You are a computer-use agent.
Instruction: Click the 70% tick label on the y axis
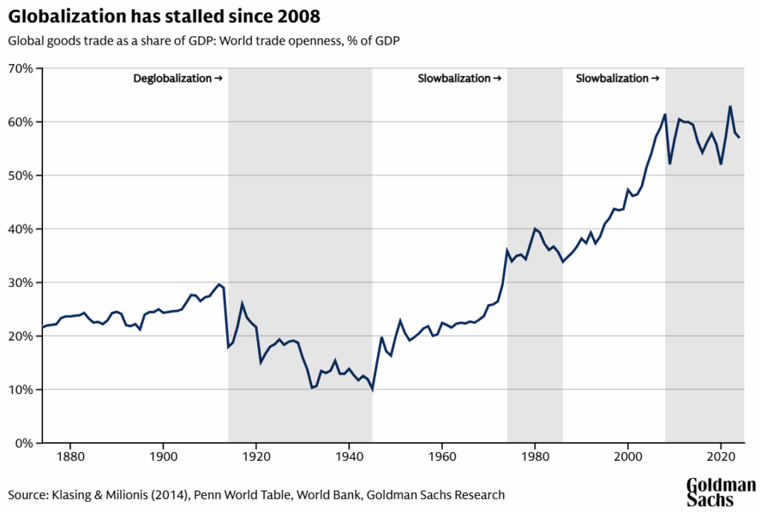[x=21, y=68]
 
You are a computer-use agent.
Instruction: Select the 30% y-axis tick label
[x=21, y=283]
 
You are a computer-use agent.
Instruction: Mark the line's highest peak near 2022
[x=731, y=106]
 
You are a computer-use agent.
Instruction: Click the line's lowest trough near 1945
[x=372, y=389]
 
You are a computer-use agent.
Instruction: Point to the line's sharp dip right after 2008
[x=670, y=164]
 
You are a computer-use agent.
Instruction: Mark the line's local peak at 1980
[x=535, y=228]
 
